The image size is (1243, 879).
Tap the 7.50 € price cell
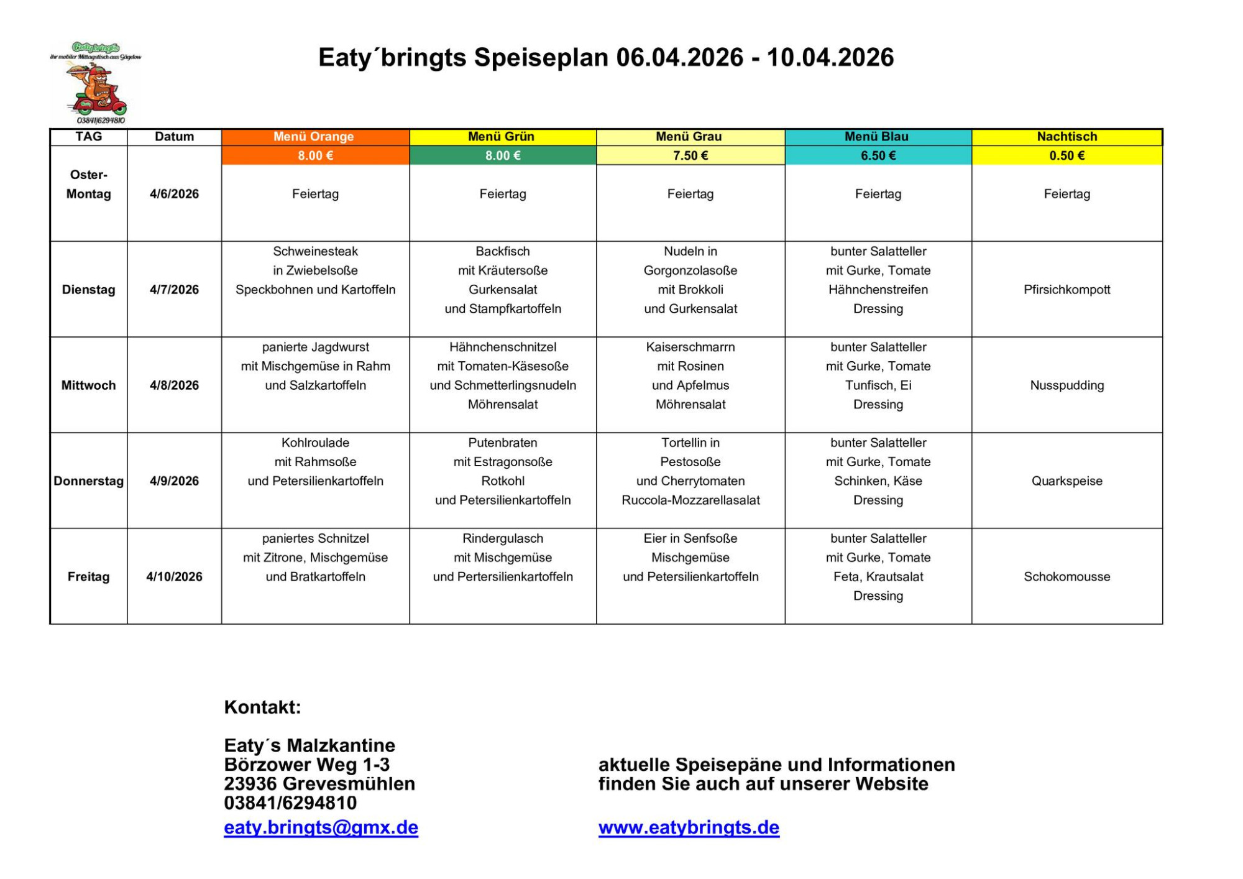click(x=690, y=155)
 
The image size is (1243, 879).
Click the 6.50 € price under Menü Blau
click(x=878, y=155)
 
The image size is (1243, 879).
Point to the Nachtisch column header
click(x=1066, y=137)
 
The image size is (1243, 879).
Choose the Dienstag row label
click(x=88, y=290)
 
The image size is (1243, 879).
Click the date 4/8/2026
click(x=174, y=385)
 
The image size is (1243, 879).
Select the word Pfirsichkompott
click(x=1066, y=290)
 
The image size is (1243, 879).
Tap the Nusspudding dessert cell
click(x=1066, y=385)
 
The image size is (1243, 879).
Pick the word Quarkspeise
click(x=1066, y=481)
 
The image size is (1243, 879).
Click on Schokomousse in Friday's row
click(x=1066, y=577)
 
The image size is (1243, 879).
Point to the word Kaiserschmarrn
click(x=690, y=347)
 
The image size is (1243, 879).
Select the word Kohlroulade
click(x=315, y=443)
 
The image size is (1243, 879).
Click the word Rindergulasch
click(x=503, y=538)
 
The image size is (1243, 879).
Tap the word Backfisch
click(x=503, y=251)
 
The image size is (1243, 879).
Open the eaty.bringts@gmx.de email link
click(x=321, y=827)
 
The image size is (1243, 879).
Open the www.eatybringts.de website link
click(x=689, y=827)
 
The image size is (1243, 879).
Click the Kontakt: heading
click(x=262, y=707)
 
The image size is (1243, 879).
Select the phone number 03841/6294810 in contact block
click(x=290, y=803)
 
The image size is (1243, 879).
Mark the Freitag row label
click(x=88, y=577)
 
